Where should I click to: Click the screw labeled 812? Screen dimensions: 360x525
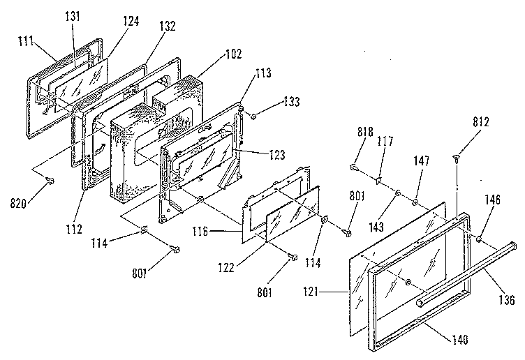(455, 158)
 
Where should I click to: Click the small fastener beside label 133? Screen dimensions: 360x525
(254, 115)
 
